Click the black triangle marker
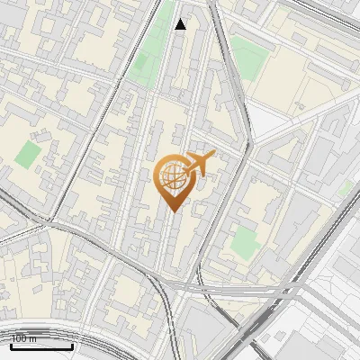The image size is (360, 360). click(181, 24)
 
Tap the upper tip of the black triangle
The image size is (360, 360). click(181, 19)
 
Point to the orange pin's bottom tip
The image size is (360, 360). click(172, 211)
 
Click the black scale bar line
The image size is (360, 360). click(41, 346)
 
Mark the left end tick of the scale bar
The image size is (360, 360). click(11, 345)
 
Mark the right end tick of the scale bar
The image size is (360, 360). click(72, 345)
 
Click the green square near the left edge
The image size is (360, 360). click(27, 154)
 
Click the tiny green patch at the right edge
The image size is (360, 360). click(346, 188)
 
